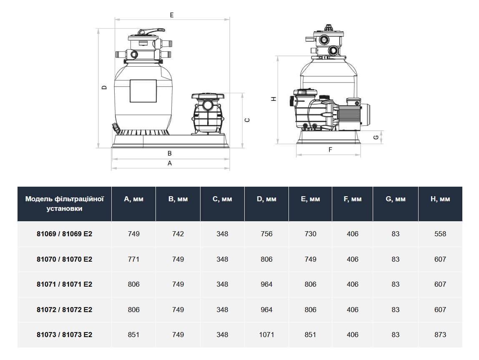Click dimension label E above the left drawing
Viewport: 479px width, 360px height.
tap(172, 15)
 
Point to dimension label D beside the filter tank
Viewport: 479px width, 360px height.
tap(105, 87)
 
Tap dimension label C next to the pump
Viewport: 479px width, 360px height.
tap(247, 120)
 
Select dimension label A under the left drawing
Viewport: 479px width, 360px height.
tap(170, 163)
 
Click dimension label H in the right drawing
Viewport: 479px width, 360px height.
tap(273, 99)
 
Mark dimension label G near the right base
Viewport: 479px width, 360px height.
tap(376, 137)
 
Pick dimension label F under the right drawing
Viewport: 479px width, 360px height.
tap(330, 150)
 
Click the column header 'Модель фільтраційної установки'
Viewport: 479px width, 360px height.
tap(64, 204)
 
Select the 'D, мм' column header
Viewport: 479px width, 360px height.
tap(266, 199)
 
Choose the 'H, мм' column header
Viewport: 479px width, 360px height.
tap(440, 199)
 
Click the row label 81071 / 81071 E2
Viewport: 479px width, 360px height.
tap(64, 284)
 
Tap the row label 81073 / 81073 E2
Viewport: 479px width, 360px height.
tap(64, 335)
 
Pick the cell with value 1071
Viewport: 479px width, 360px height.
tap(266, 335)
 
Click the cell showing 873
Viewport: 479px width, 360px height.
tap(440, 335)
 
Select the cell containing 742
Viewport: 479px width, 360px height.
tap(178, 234)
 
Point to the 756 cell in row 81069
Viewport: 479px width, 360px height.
tap(266, 234)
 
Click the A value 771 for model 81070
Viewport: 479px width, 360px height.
tap(133, 259)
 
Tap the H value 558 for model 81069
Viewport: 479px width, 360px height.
tap(440, 234)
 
